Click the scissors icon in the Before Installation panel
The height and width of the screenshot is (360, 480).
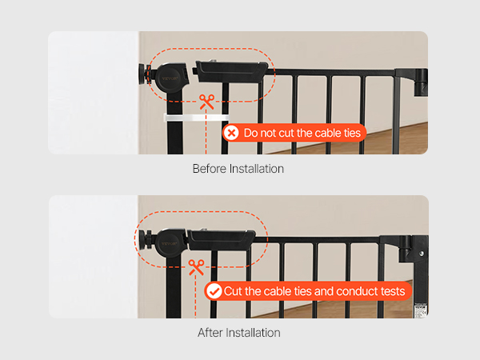(x=206, y=102)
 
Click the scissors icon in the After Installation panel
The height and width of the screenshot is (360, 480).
(x=196, y=267)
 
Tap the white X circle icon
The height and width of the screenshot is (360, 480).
(x=231, y=133)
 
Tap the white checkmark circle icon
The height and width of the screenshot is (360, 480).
(x=214, y=291)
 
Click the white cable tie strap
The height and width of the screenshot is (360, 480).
(x=197, y=118)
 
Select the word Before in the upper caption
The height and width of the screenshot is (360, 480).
(x=210, y=169)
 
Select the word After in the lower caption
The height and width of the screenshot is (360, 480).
(x=210, y=333)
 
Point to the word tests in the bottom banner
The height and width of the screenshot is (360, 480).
(x=392, y=291)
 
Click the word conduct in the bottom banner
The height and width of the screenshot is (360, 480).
(x=356, y=291)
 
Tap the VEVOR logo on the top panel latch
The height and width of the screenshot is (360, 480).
(x=170, y=78)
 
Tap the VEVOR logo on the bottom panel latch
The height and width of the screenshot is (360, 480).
(x=170, y=244)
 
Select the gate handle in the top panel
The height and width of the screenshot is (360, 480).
(x=230, y=72)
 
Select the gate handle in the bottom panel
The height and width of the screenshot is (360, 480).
(x=221, y=240)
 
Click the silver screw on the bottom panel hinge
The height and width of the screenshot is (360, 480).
(x=422, y=254)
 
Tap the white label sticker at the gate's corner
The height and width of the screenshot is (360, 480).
(x=421, y=310)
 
